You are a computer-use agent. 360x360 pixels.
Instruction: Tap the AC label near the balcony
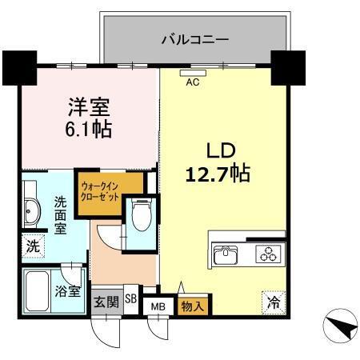click(x=192, y=81)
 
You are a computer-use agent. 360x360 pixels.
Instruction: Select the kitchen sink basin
click(x=226, y=255)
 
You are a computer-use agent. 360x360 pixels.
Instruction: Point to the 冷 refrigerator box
click(x=273, y=302)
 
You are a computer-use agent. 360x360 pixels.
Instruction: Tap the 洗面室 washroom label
click(x=61, y=215)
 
